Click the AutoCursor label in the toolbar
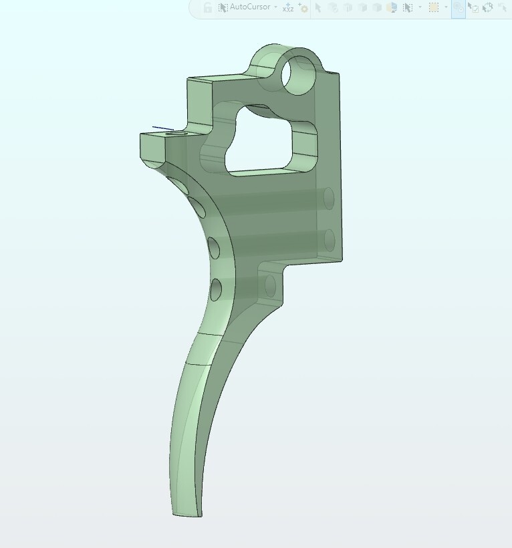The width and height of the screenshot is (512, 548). pyautogui.click(x=250, y=7)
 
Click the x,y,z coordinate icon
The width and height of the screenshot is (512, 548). pyautogui.click(x=288, y=7)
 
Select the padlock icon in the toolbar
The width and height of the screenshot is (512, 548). pyautogui.click(x=208, y=7)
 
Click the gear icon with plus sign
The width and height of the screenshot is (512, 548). pyautogui.click(x=303, y=7)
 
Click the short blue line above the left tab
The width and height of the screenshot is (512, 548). pyautogui.click(x=163, y=128)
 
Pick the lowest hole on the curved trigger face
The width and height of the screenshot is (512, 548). pyautogui.click(x=216, y=290)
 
